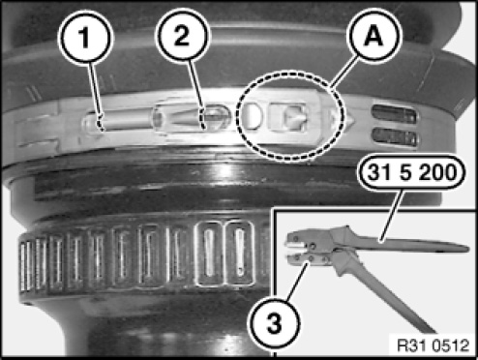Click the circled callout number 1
[x=85, y=37]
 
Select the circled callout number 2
[x=182, y=36]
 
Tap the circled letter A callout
[x=373, y=36]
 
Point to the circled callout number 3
[x=274, y=323]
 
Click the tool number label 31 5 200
[x=412, y=172]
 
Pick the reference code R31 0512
[x=433, y=345]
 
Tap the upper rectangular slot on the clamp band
[x=394, y=115]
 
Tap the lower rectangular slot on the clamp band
[x=395, y=137]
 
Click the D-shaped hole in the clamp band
[x=254, y=116]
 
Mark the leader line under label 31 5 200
[x=391, y=215]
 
